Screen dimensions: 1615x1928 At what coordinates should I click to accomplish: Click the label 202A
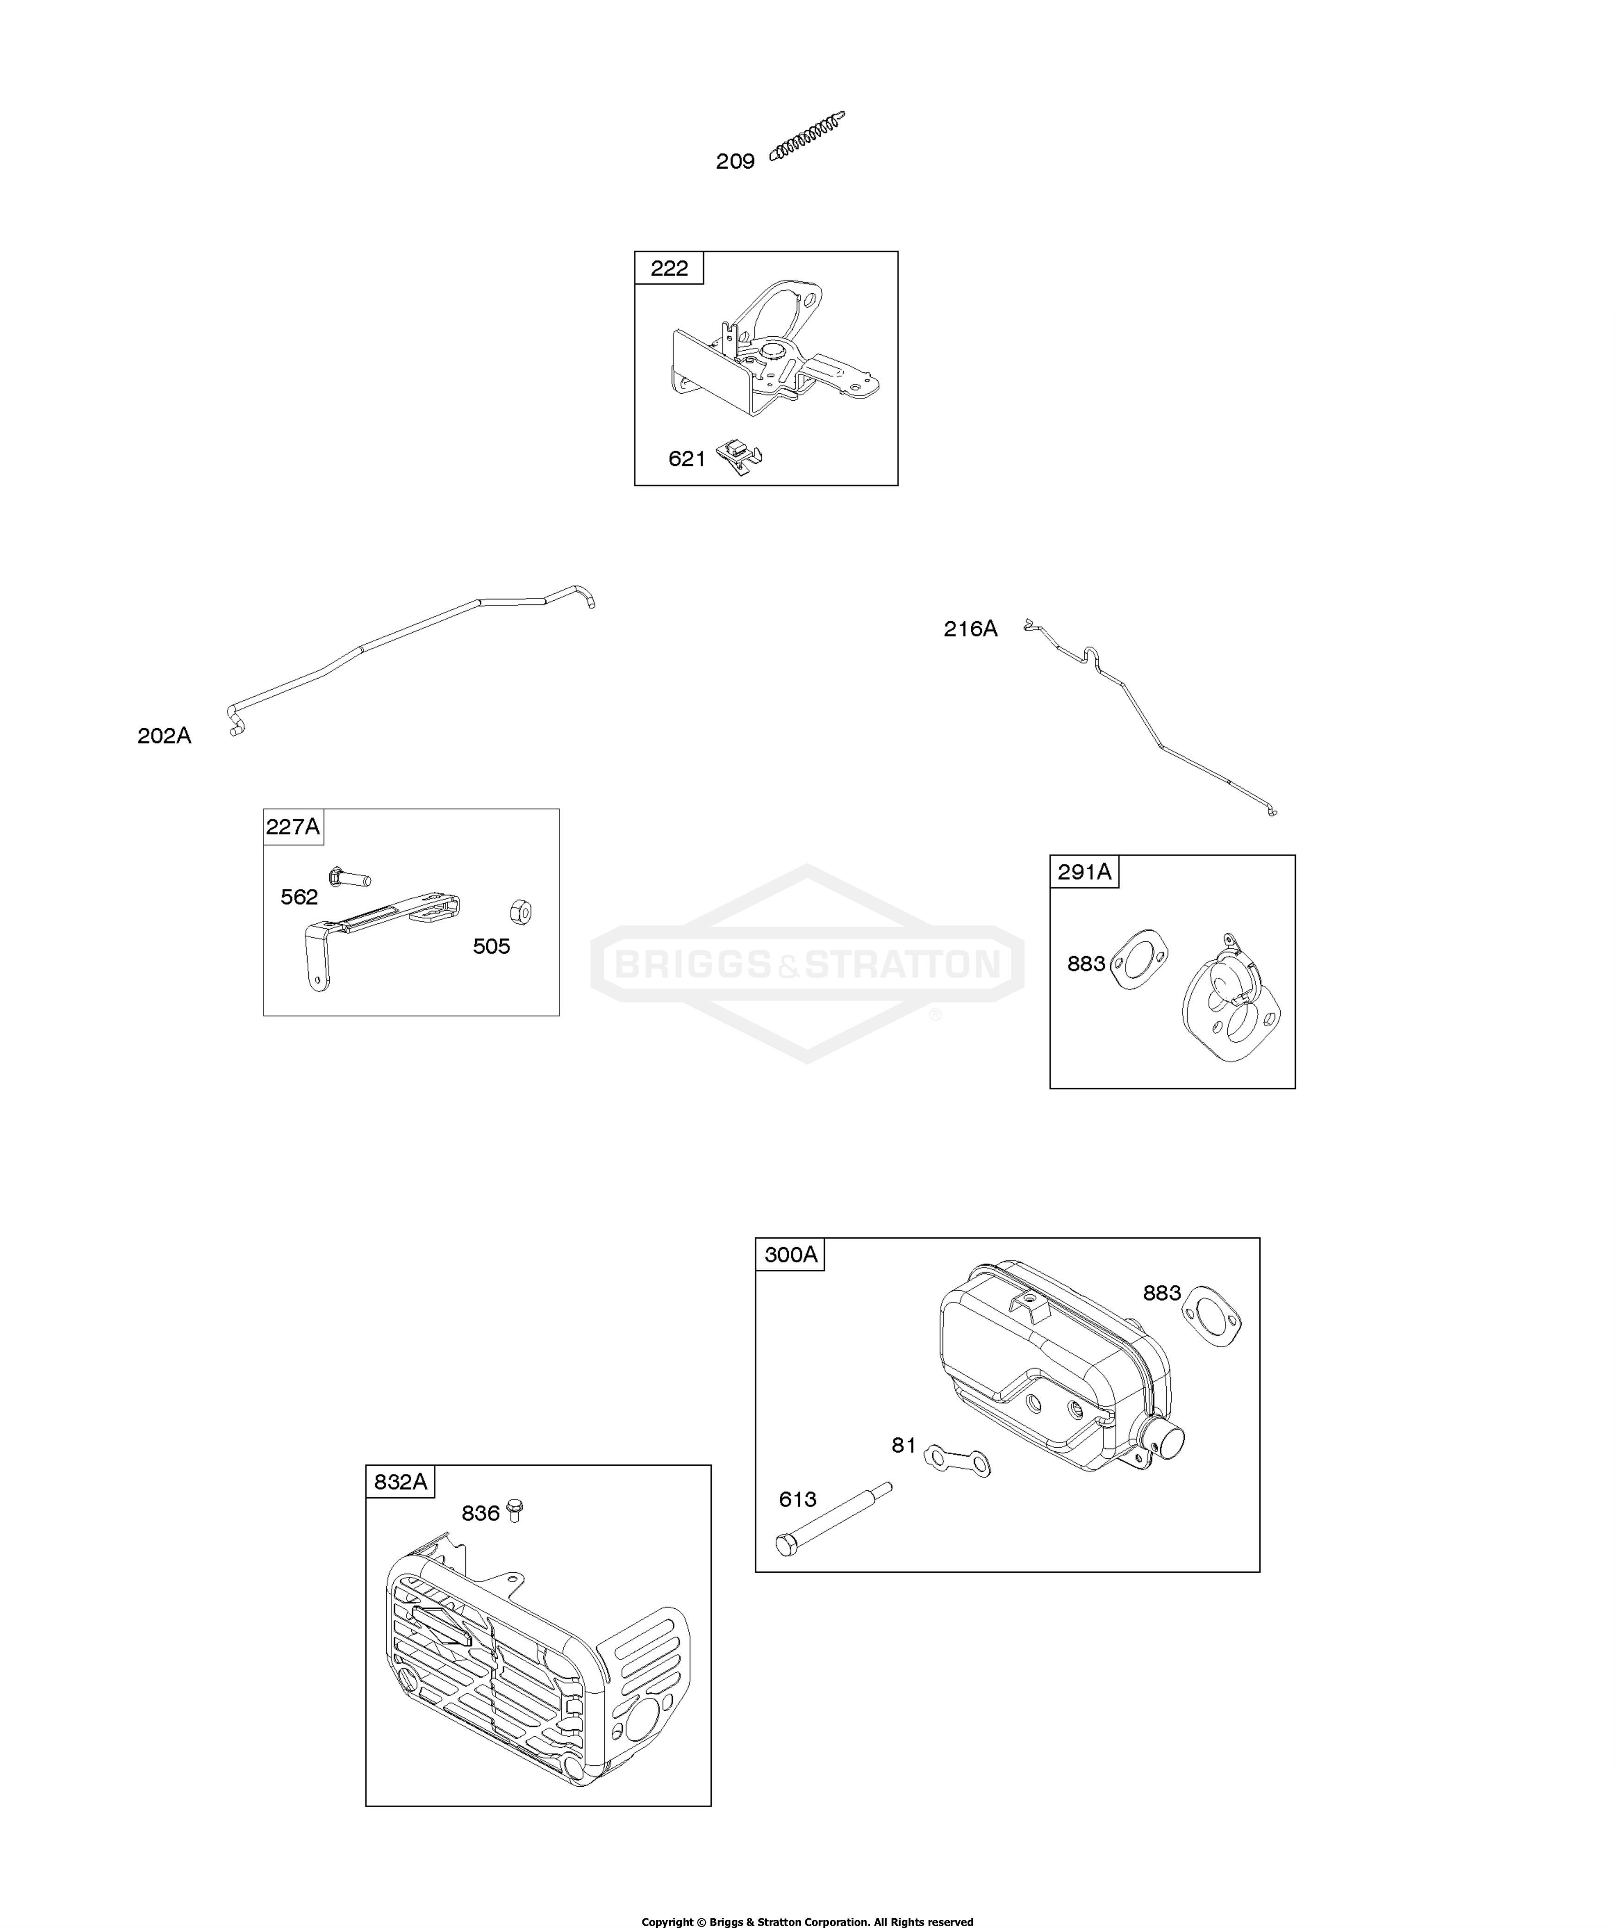(164, 736)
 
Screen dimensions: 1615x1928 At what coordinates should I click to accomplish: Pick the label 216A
(970, 629)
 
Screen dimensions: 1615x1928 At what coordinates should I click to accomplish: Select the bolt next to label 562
(349, 877)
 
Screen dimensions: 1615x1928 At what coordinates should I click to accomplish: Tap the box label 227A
(293, 827)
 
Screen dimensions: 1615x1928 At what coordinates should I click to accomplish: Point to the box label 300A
(791, 1254)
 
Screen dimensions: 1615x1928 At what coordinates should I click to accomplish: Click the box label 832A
(400, 1482)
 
